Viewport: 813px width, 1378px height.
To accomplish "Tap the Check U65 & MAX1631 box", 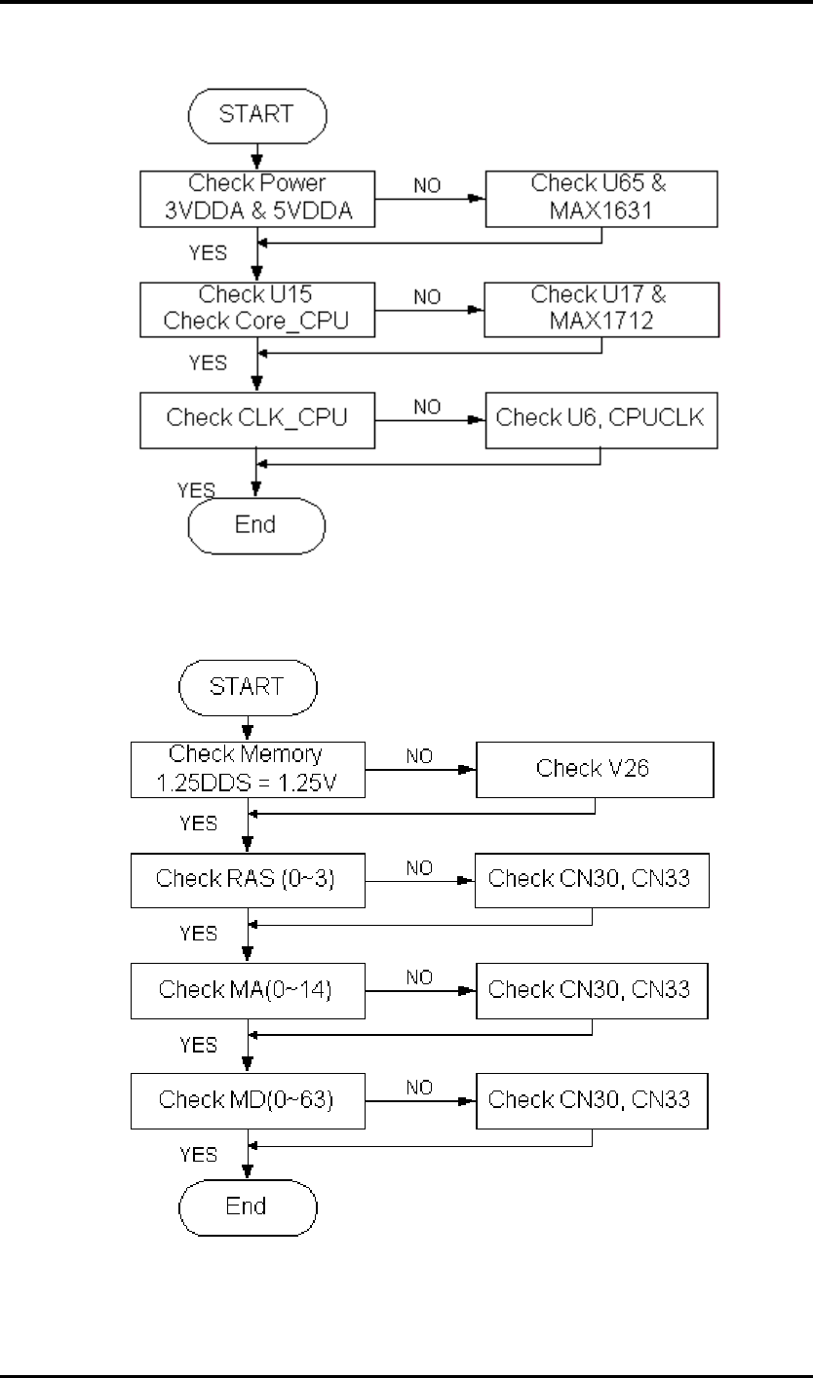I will (x=601, y=198).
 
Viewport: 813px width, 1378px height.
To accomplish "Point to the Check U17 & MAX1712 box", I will (x=601, y=308).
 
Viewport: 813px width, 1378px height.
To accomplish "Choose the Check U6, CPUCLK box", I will (x=601, y=419).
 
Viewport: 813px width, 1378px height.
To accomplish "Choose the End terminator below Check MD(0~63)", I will (x=248, y=1206).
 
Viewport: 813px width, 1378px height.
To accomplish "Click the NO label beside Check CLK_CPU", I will (x=428, y=408).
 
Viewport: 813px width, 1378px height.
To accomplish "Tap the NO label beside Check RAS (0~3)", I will (x=418, y=868).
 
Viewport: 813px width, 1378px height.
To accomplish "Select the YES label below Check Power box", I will (x=207, y=252).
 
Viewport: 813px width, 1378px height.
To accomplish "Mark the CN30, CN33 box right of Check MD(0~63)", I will (x=592, y=1100).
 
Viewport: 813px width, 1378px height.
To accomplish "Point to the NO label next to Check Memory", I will (x=420, y=756).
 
